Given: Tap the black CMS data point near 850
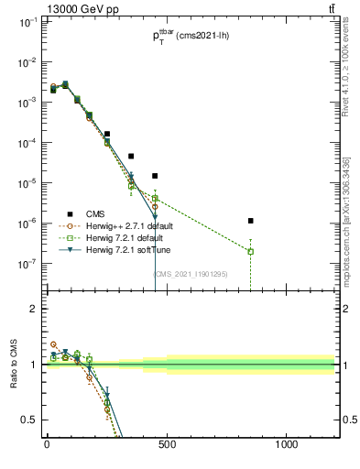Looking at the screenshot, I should pos(251,221).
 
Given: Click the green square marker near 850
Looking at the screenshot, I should pos(251,251).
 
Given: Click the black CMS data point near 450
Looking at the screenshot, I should pos(155,175).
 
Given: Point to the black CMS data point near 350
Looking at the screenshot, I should pos(131,156).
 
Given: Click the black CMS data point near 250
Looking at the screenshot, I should pos(107,134).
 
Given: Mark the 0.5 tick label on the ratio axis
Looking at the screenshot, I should pos(31,420).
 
